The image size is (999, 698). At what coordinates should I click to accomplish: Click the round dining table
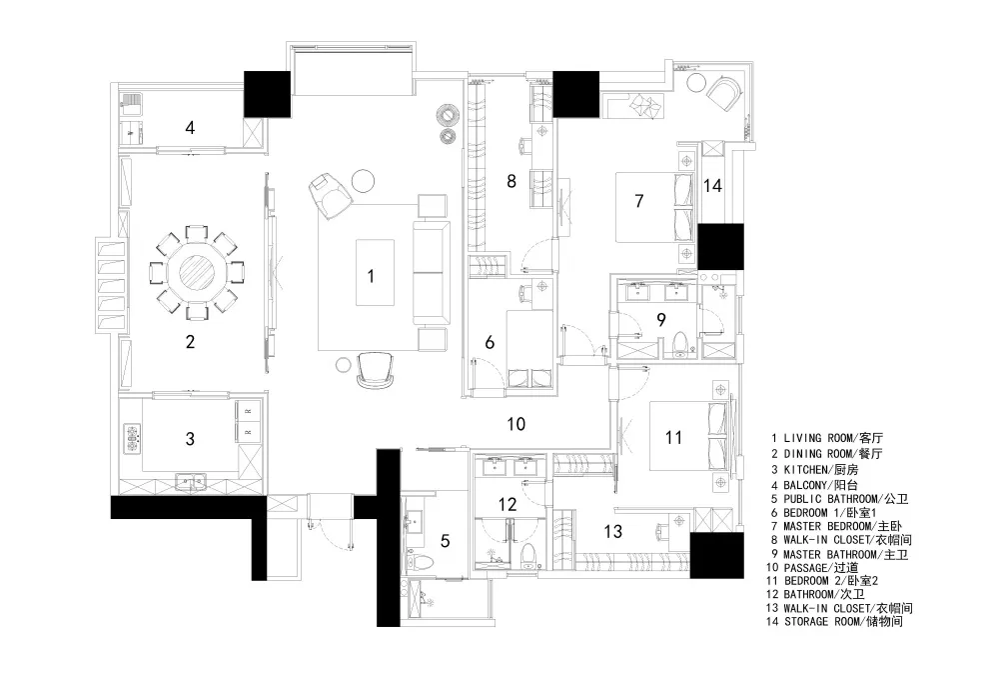(198, 272)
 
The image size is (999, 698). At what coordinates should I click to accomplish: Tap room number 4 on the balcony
(190, 128)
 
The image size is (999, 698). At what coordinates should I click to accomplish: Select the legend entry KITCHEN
(814, 470)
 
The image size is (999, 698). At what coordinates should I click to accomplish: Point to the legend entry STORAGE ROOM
(834, 621)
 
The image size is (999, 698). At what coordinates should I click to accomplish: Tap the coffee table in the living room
(375, 272)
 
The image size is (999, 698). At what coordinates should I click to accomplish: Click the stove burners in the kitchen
(133, 440)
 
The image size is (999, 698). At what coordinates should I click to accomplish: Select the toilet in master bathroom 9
(679, 343)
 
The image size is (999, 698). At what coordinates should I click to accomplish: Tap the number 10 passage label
(516, 424)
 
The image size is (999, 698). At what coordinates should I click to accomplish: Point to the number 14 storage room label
(712, 186)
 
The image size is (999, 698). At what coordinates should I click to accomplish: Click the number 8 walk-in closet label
(510, 181)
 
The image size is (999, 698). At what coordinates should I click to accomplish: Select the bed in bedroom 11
(688, 436)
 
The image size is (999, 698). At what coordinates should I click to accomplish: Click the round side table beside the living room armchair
(364, 180)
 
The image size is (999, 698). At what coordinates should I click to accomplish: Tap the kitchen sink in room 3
(191, 483)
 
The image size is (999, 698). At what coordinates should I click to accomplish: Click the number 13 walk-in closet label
(613, 531)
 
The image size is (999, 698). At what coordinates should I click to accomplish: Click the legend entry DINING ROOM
(826, 454)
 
